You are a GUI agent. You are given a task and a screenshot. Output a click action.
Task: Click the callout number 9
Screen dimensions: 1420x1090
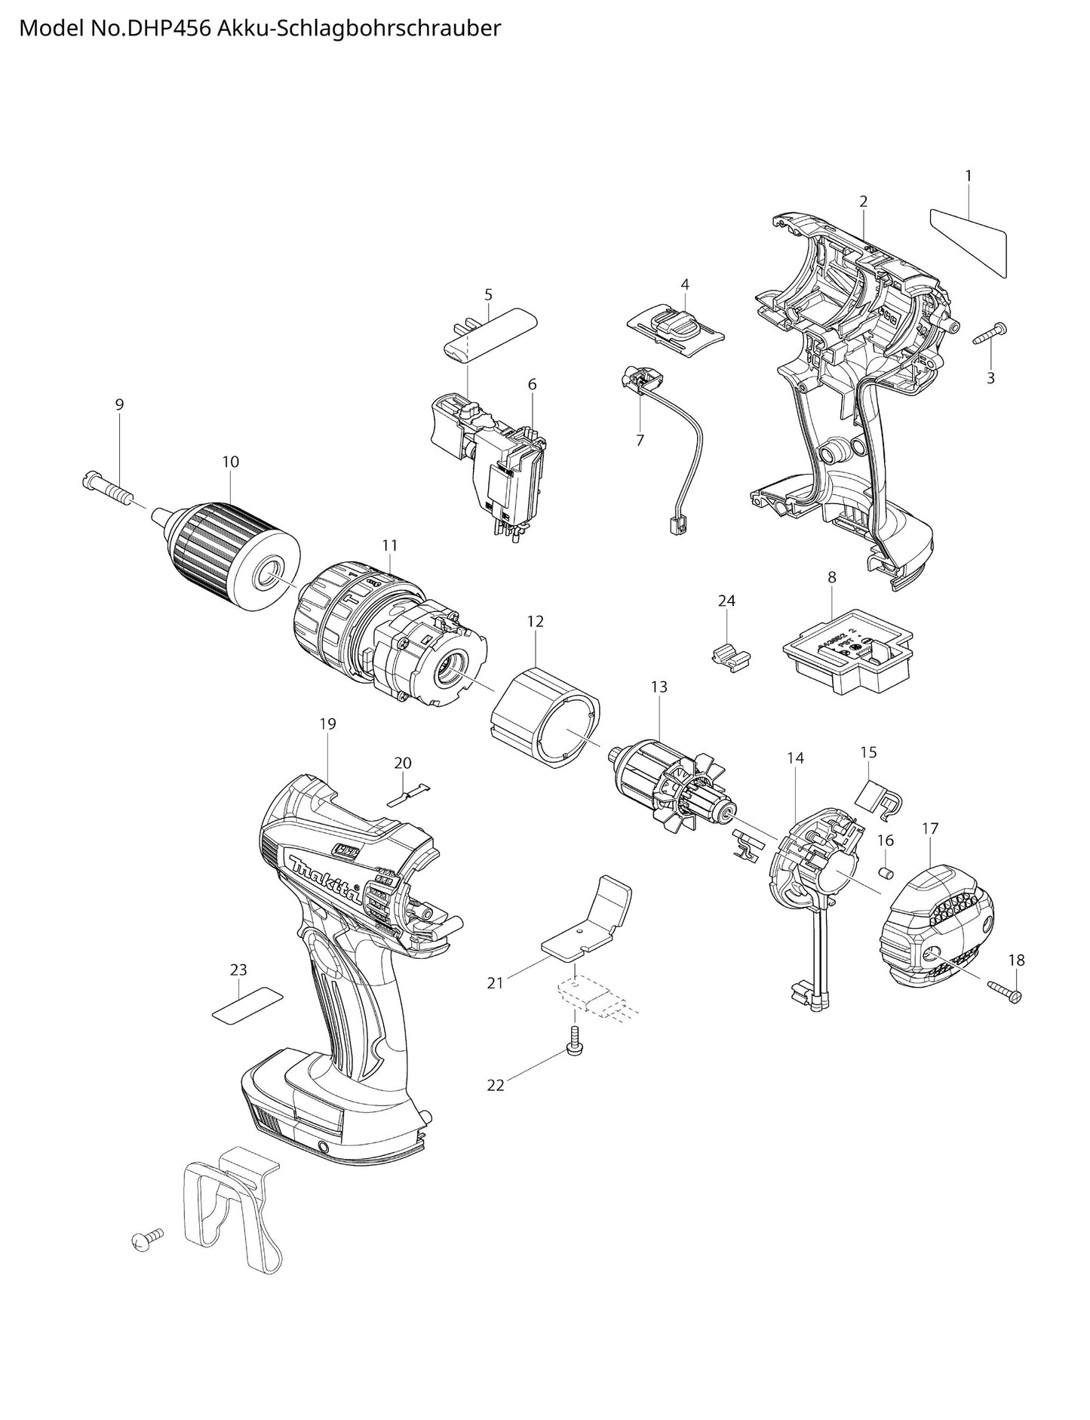click(x=119, y=404)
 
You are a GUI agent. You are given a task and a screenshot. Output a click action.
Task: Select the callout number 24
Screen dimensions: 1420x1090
click(x=726, y=601)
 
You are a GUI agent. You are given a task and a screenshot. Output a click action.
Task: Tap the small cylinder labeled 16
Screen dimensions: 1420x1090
click(x=887, y=872)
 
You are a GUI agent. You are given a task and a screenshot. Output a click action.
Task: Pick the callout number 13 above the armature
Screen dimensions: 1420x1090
click(x=659, y=687)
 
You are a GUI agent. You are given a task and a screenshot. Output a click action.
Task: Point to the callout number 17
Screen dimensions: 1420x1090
click(x=929, y=828)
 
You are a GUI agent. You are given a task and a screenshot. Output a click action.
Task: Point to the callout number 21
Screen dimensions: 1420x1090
click(x=495, y=982)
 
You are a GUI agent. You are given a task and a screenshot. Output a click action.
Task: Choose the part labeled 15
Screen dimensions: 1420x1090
click(x=878, y=797)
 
